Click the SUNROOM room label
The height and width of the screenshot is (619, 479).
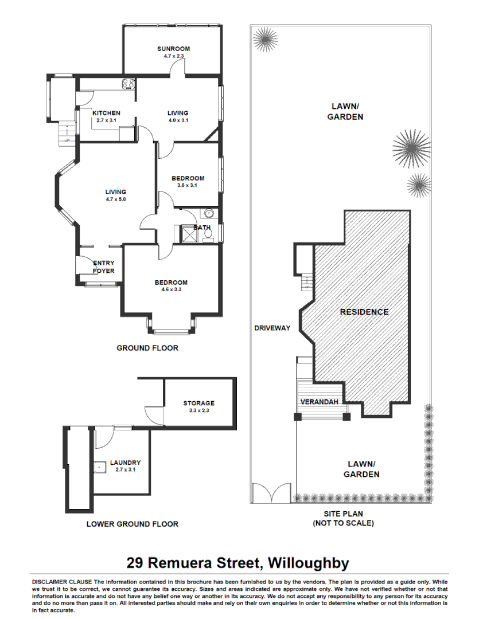tap(173, 49)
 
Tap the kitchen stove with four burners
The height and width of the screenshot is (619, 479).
tap(128, 84)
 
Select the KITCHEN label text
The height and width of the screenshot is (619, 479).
tap(106, 113)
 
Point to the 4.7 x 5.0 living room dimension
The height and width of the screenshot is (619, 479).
tap(115, 199)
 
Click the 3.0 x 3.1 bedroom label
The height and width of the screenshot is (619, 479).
tap(188, 186)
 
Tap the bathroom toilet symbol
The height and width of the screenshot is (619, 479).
tap(207, 234)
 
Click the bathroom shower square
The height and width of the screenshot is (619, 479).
tap(188, 234)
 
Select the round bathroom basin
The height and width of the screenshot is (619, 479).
tap(208, 214)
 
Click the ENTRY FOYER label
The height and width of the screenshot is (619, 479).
tap(104, 267)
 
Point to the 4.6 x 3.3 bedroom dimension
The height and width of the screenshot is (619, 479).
tap(171, 290)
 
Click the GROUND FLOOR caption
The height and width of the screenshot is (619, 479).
tap(147, 348)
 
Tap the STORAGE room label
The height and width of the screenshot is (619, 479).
tap(198, 403)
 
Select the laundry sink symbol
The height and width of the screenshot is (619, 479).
tap(100, 467)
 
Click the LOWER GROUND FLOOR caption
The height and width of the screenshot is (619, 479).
tap(132, 524)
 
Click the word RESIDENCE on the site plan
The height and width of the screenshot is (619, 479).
tap(364, 312)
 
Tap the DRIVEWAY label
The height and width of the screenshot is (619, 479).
tap(272, 328)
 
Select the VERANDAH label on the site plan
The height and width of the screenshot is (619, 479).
tap(318, 402)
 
